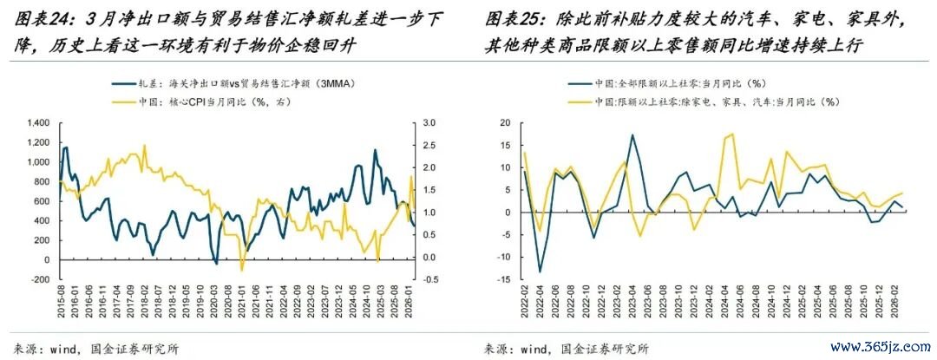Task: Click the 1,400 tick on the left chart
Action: tap(39, 122)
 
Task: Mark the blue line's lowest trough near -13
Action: tap(539, 272)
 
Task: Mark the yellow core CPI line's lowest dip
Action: tap(242, 270)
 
